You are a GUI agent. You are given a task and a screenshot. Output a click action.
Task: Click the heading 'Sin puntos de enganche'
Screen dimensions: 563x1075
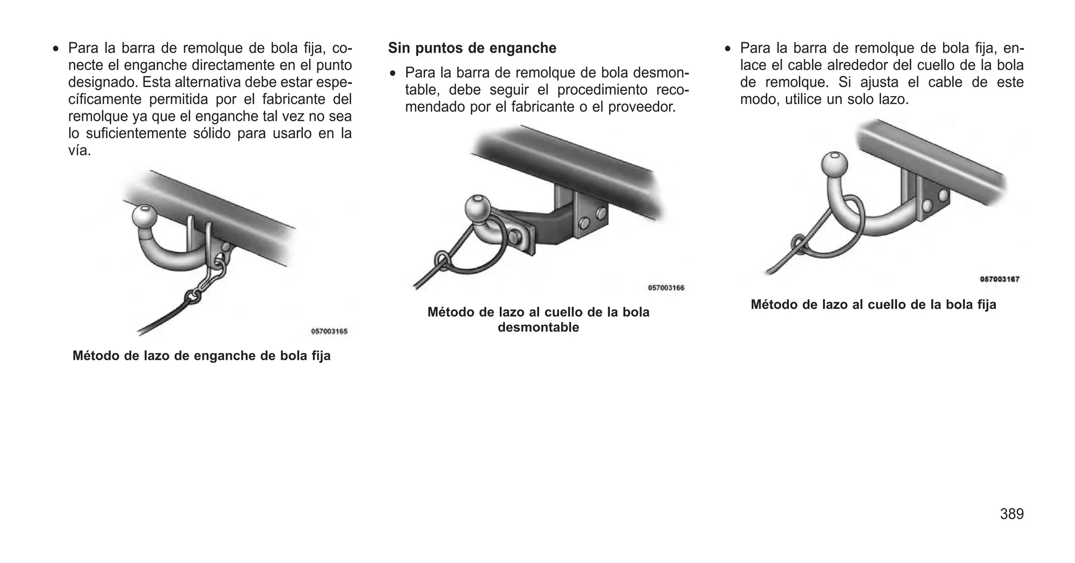(472, 48)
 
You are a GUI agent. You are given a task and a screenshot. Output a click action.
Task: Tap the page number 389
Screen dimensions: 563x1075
(1011, 514)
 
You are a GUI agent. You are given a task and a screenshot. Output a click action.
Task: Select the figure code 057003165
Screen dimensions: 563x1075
(329, 331)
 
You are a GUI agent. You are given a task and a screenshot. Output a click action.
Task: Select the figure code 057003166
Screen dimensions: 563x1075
(666, 288)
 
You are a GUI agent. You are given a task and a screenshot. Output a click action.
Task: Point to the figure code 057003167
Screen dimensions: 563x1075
(999, 279)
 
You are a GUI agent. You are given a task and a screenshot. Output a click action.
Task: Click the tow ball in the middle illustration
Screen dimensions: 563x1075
(477, 209)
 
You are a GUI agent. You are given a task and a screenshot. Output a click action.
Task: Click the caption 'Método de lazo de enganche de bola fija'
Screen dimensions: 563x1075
(202, 356)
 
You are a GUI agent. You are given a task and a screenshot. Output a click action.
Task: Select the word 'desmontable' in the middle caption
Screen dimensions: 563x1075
(538, 328)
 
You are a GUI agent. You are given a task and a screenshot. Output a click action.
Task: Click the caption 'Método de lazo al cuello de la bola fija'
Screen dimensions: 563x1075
(873, 305)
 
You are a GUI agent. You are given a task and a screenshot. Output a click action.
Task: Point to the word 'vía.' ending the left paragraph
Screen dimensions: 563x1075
(80, 151)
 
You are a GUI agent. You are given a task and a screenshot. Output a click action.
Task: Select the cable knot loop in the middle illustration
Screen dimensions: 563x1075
(442, 261)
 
